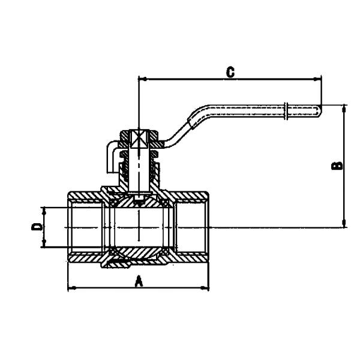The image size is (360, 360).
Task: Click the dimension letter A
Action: pyautogui.click(x=139, y=280)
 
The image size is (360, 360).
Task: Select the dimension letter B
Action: pyautogui.click(x=337, y=165)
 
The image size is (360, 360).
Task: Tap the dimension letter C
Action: pyautogui.click(x=230, y=71)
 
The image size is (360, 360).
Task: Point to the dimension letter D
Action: pyautogui.click(x=37, y=226)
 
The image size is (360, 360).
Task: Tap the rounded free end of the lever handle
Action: pyautogui.click(x=317, y=109)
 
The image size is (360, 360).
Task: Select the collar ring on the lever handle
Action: pyautogui.click(x=287, y=109)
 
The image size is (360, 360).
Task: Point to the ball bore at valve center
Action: pyautogui.click(x=139, y=227)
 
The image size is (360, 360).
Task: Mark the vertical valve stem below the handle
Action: pyautogui.click(x=140, y=174)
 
